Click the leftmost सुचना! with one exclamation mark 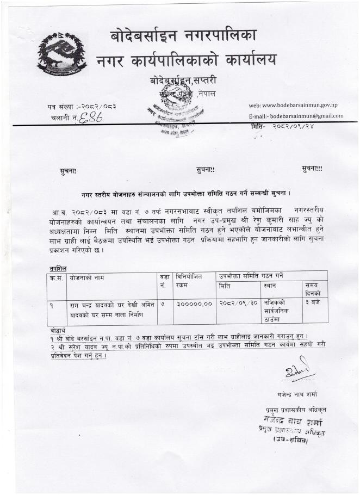point(68,172)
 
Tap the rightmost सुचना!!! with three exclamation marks point(312,169)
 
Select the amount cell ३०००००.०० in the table point(194,304)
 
